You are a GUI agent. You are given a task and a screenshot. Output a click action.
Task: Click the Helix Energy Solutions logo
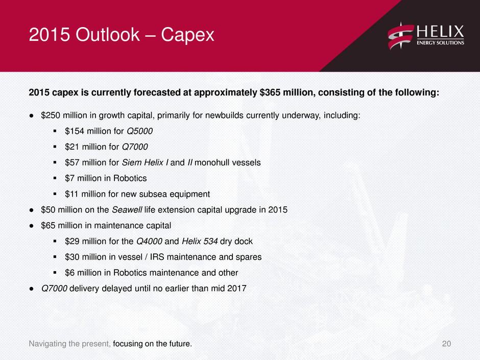(426, 36)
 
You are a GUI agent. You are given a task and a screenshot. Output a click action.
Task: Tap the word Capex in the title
(187, 35)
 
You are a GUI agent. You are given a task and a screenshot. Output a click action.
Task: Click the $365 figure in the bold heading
(270, 92)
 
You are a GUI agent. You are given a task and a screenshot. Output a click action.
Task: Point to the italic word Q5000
(139, 131)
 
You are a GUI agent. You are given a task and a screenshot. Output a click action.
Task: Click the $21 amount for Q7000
(72, 147)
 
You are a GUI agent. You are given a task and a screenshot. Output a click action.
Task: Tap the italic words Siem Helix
(142, 162)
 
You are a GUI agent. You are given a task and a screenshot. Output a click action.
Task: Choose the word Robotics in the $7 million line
(130, 178)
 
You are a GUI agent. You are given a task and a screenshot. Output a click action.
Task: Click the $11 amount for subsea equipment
(71, 194)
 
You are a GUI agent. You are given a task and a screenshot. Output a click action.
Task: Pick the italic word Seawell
(127, 210)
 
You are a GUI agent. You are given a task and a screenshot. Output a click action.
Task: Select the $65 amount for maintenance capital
(49, 226)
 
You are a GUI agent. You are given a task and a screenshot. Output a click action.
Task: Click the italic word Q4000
(150, 241)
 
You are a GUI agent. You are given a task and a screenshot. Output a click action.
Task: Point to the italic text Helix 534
(200, 241)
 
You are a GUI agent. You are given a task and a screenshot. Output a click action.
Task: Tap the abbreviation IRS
(157, 257)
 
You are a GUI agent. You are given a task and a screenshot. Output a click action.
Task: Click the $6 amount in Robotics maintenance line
(69, 273)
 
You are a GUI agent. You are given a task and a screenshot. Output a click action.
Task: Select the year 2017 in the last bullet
(236, 289)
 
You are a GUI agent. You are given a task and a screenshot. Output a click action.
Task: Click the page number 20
(446, 344)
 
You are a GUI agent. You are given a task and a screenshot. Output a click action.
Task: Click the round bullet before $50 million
(31, 210)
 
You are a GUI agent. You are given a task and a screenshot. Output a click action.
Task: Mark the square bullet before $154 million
(55, 131)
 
